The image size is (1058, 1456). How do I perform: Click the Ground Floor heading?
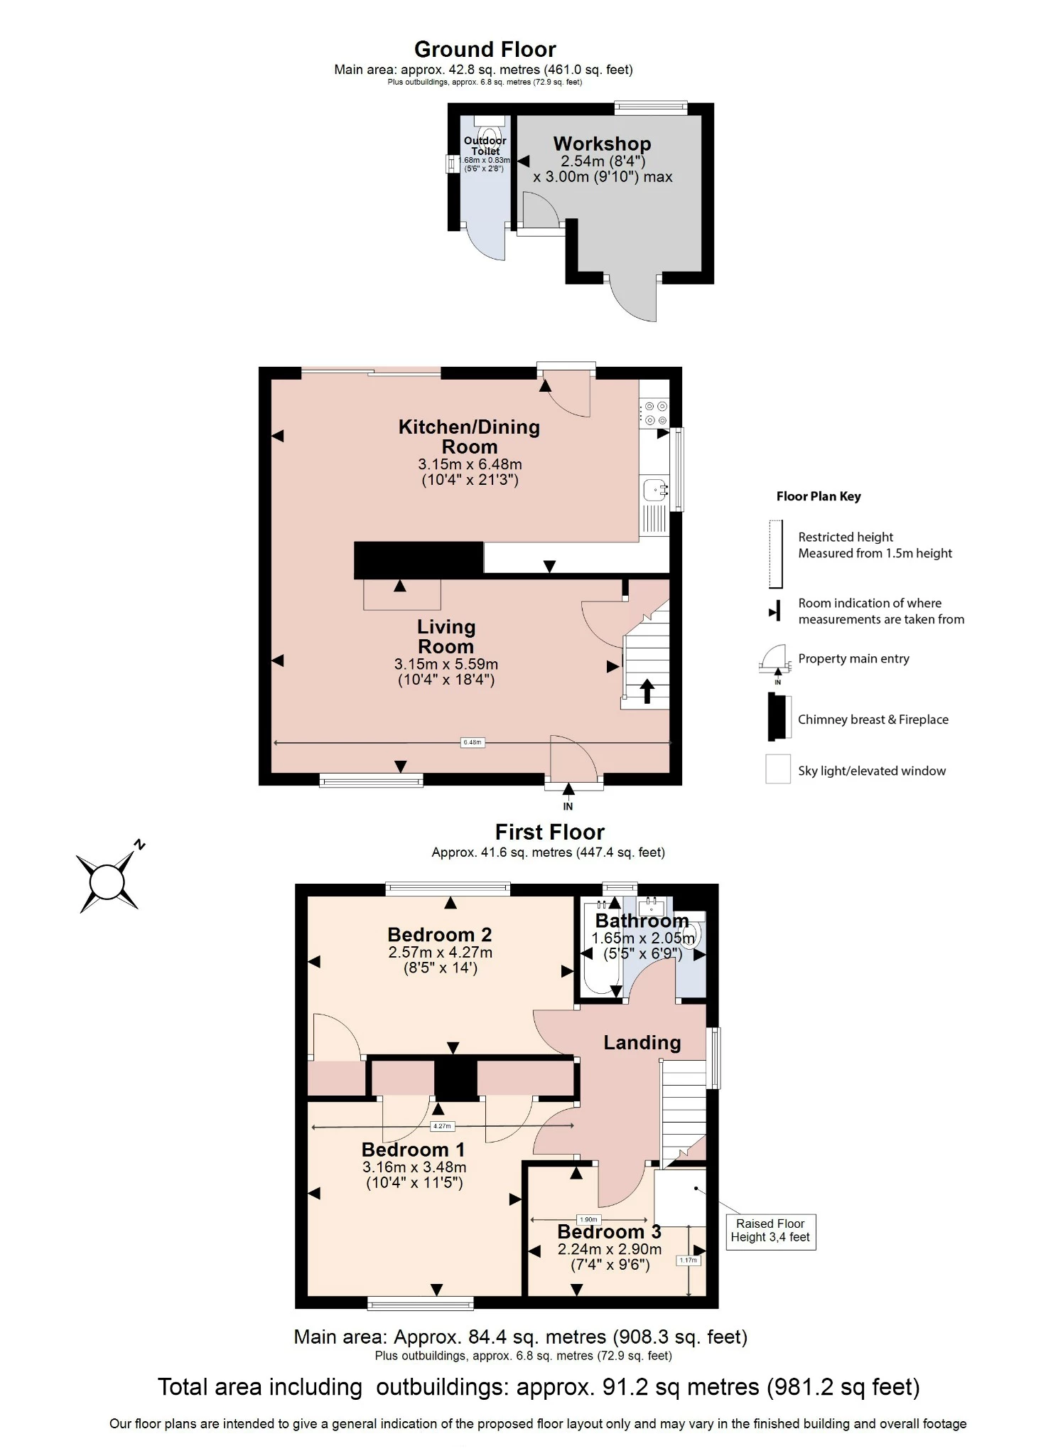point(485,49)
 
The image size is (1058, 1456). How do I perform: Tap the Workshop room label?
point(602,144)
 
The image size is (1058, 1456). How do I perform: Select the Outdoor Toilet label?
point(485,146)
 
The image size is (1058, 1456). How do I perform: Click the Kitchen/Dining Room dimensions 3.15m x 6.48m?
point(470,464)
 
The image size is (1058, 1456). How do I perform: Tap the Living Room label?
point(446,636)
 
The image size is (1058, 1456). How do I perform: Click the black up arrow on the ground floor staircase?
point(647,690)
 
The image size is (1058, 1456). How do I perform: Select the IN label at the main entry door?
point(568,806)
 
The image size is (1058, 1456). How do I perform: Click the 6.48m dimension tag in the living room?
point(473,742)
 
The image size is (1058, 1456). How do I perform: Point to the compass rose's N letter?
point(140,845)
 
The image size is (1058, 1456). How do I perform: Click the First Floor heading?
point(549,832)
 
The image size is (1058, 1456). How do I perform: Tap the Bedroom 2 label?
point(439,934)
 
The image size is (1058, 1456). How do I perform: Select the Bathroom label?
point(642,921)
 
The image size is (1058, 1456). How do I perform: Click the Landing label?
point(642,1042)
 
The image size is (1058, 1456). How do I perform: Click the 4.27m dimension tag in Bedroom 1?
point(441,1126)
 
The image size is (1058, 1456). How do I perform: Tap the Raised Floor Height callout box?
point(770,1231)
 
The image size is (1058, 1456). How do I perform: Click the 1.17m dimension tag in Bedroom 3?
point(688,1260)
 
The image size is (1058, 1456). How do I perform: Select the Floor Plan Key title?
point(819,496)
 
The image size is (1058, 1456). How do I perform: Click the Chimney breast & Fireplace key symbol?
point(778,717)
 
